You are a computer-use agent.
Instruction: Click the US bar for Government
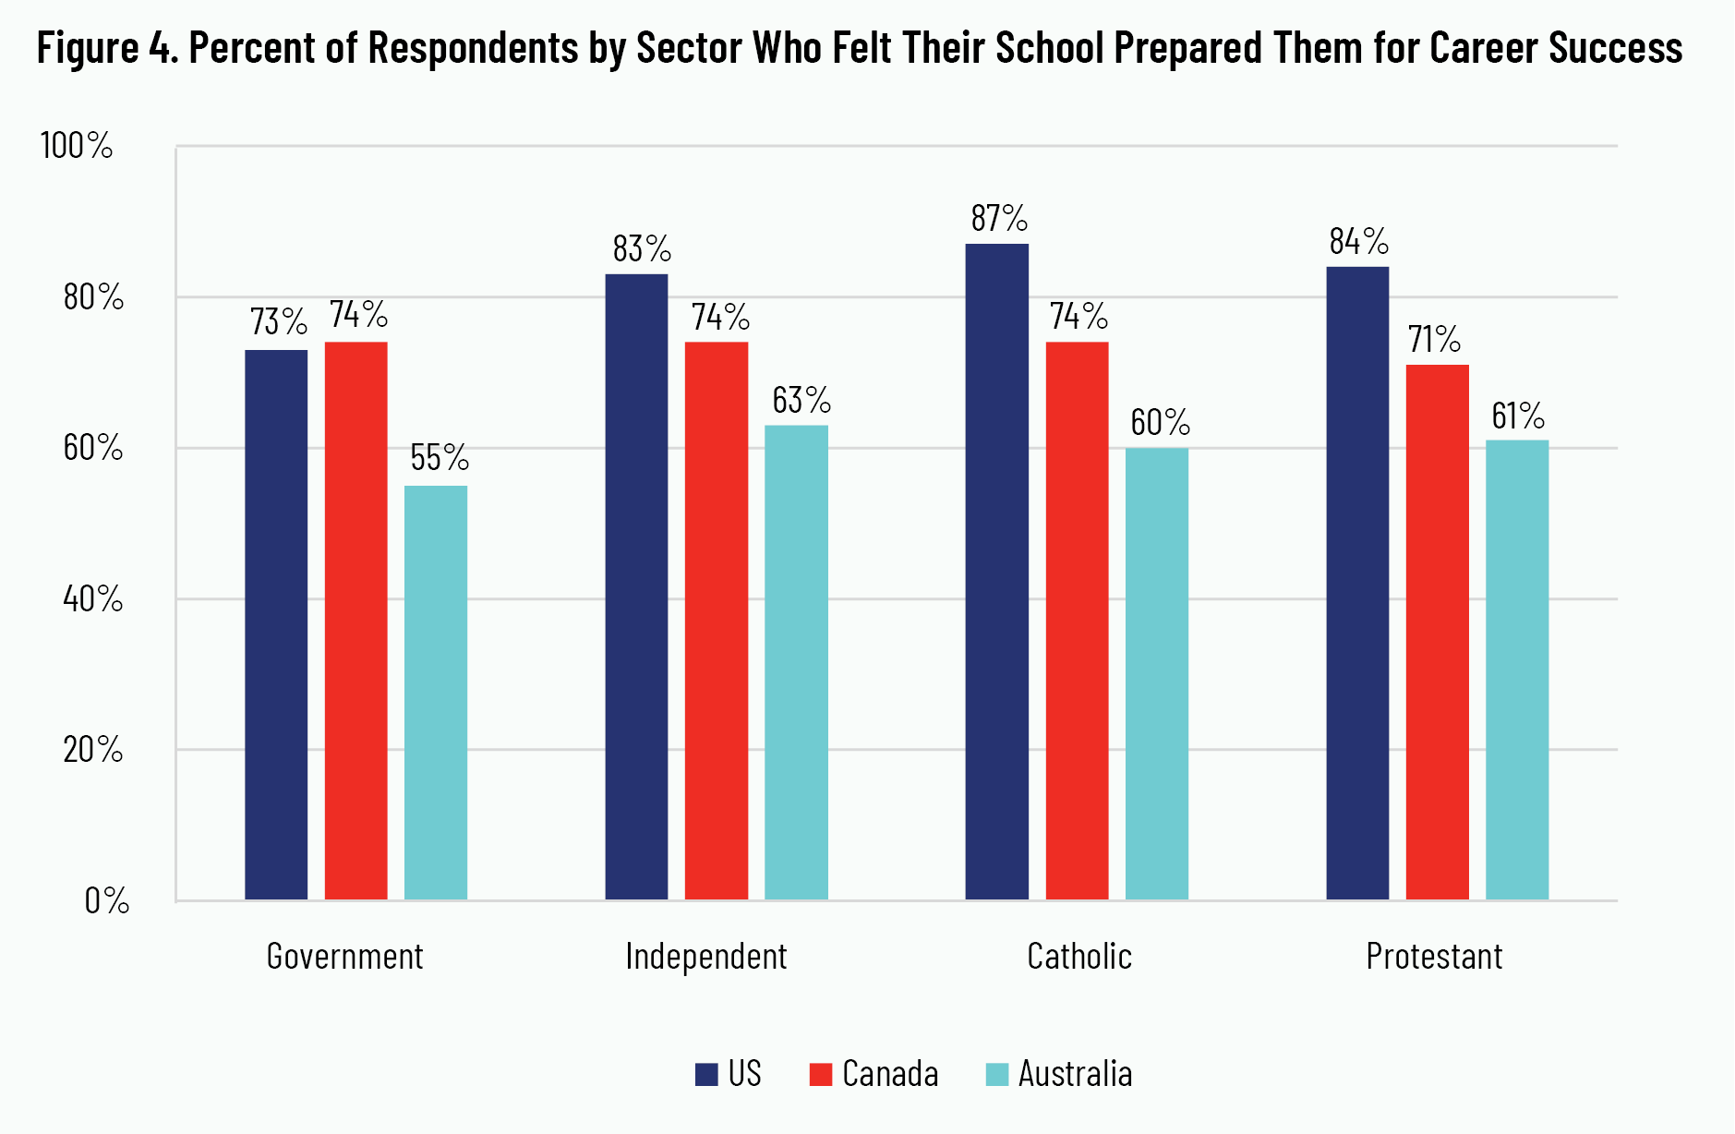pos(276,624)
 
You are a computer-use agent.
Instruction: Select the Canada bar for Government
pos(355,621)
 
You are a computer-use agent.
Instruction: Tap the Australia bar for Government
pos(436,693)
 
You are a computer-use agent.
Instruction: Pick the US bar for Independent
pos(636,586)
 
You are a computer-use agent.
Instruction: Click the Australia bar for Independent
pos(796,662)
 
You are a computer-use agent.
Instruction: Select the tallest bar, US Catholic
pos(997,572)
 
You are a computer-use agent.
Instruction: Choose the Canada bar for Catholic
pos(1077,621)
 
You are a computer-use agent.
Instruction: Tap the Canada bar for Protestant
pos(1437,633)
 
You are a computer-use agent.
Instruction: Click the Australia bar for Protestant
pos(1517,670)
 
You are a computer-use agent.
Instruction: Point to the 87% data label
pos(999,219)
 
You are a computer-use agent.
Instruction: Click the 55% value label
pos(440,458)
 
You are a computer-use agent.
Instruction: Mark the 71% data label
pos(1434,340)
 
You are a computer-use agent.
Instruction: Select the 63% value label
pos(801,401)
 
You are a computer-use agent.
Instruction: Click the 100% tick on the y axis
pos(77,146)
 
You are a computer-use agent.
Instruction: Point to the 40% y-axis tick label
pos(92,599)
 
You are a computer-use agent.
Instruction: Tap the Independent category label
pos(706,957)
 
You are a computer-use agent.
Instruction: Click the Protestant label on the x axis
pos(1434,957)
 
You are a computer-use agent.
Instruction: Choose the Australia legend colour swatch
pos(997,1075)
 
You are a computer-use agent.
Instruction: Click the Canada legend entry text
pos(890,1075)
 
